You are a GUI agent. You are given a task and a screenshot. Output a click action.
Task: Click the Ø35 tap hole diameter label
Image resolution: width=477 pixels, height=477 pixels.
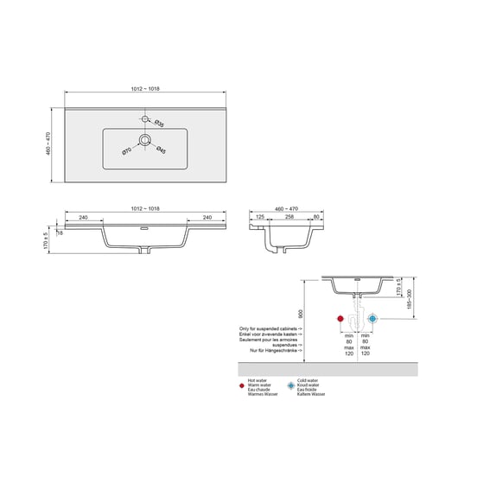point(160,125)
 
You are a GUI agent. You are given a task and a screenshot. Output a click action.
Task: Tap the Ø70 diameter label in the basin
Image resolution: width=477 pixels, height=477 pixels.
point(126,151)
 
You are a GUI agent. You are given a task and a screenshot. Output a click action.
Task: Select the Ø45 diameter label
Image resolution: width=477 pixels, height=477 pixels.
point(161,152)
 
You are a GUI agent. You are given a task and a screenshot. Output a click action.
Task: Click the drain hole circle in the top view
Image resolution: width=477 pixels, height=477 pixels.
point(145,138)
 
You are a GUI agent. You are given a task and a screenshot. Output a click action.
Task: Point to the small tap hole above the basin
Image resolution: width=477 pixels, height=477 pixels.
point(145,116)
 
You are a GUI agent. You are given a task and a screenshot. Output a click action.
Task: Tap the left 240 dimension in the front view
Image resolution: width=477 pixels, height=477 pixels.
point(83,217)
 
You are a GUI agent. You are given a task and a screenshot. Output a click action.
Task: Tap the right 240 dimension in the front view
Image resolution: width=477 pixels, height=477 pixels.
point(207,217)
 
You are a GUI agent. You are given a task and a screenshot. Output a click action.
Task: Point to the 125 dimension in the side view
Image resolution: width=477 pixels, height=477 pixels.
point(259,217)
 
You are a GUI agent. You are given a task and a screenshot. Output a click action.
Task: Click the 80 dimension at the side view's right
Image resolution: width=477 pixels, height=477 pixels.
point(317,217)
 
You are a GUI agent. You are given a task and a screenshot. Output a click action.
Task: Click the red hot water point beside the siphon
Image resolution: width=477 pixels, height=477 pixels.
point(340,318)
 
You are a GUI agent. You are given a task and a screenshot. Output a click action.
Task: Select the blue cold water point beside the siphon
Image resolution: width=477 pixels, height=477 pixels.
point(373,318)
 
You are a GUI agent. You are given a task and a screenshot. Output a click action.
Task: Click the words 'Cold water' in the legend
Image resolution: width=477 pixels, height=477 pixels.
point(308,379)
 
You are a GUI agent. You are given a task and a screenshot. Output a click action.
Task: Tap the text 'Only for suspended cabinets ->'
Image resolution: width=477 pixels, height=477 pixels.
point(270,329)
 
